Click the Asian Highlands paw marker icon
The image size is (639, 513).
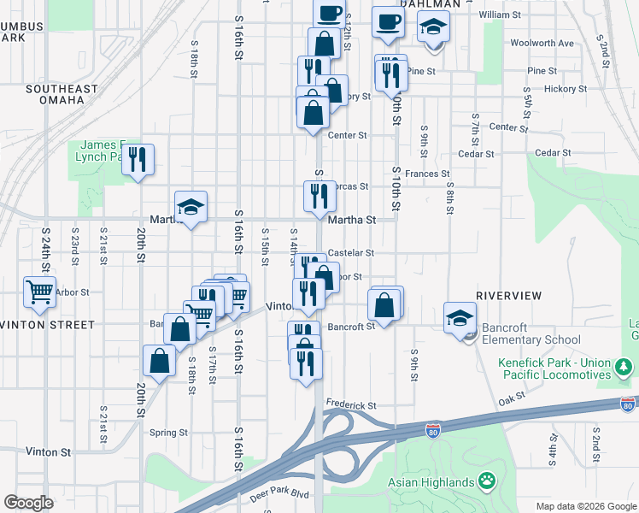(x=488, y=481)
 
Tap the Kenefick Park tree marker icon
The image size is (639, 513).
(x=624, y=368)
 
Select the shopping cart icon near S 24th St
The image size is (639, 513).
(x=39, y=292)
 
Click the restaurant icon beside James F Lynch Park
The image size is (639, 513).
(x=138, y=159)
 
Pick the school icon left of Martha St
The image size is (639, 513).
(x=191, y=207)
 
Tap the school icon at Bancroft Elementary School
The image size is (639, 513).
(x=460, y=317)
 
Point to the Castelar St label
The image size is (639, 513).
(x=351, y=253)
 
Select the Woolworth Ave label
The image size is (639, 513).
(x=542, y=43)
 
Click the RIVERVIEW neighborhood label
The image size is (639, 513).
(x=508, y=295)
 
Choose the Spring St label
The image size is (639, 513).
(x=168, y=433)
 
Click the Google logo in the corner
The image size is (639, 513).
(x=29, y=503)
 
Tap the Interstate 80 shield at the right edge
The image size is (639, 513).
(x=629, y=403)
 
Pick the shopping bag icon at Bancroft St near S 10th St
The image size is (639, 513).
(x=385, y=304)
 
